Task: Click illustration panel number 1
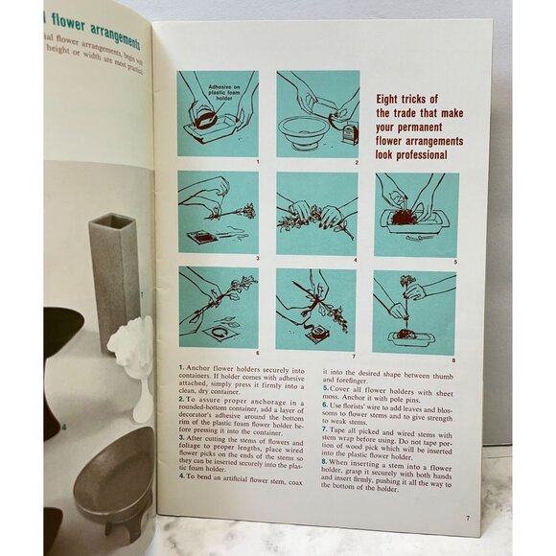pos(218,113)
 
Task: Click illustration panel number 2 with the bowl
pos(317,113)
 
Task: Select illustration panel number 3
pos(218,213)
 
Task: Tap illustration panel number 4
pos(316,213)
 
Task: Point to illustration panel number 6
pos(218,307)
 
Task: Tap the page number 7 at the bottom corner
pos(467,519)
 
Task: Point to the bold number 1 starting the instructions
pos(181,368)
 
